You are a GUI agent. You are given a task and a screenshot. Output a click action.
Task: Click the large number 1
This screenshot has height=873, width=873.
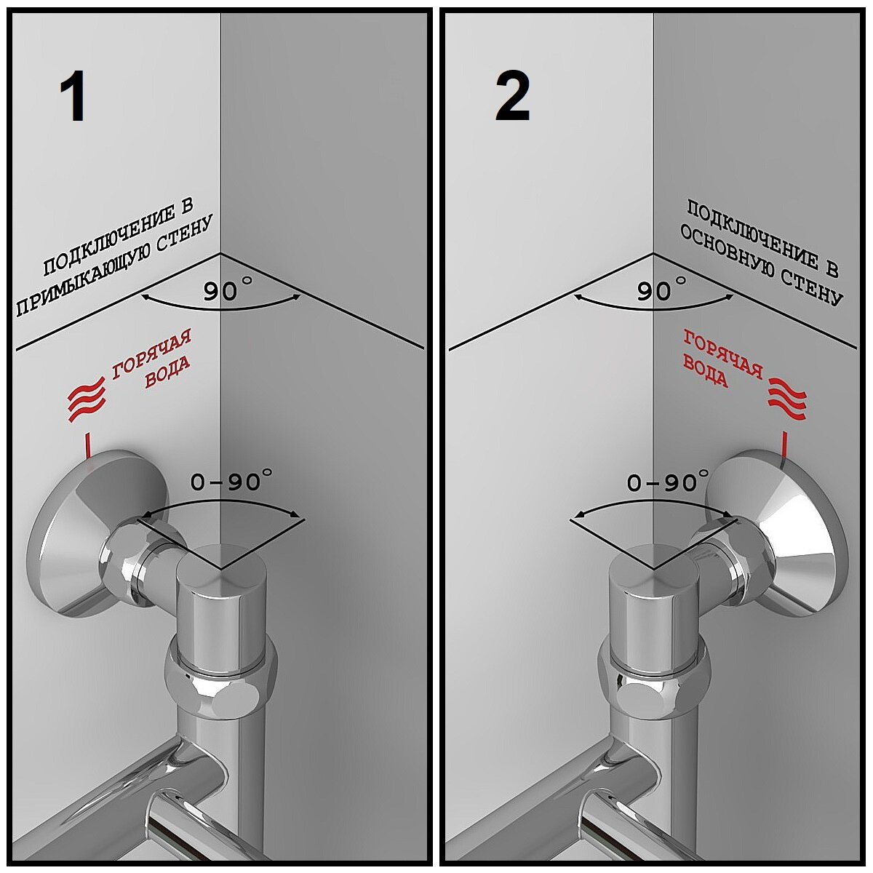(73, 98)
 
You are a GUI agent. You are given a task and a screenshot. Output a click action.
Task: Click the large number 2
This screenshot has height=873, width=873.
(512, 98)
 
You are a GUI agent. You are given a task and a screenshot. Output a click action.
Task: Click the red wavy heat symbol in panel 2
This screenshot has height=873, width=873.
(788, 399)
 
